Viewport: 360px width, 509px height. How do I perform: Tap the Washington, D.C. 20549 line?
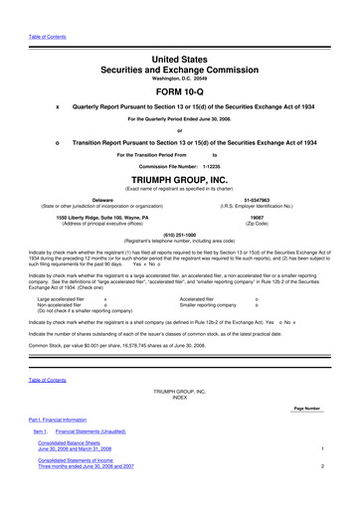tap(179, 66)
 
